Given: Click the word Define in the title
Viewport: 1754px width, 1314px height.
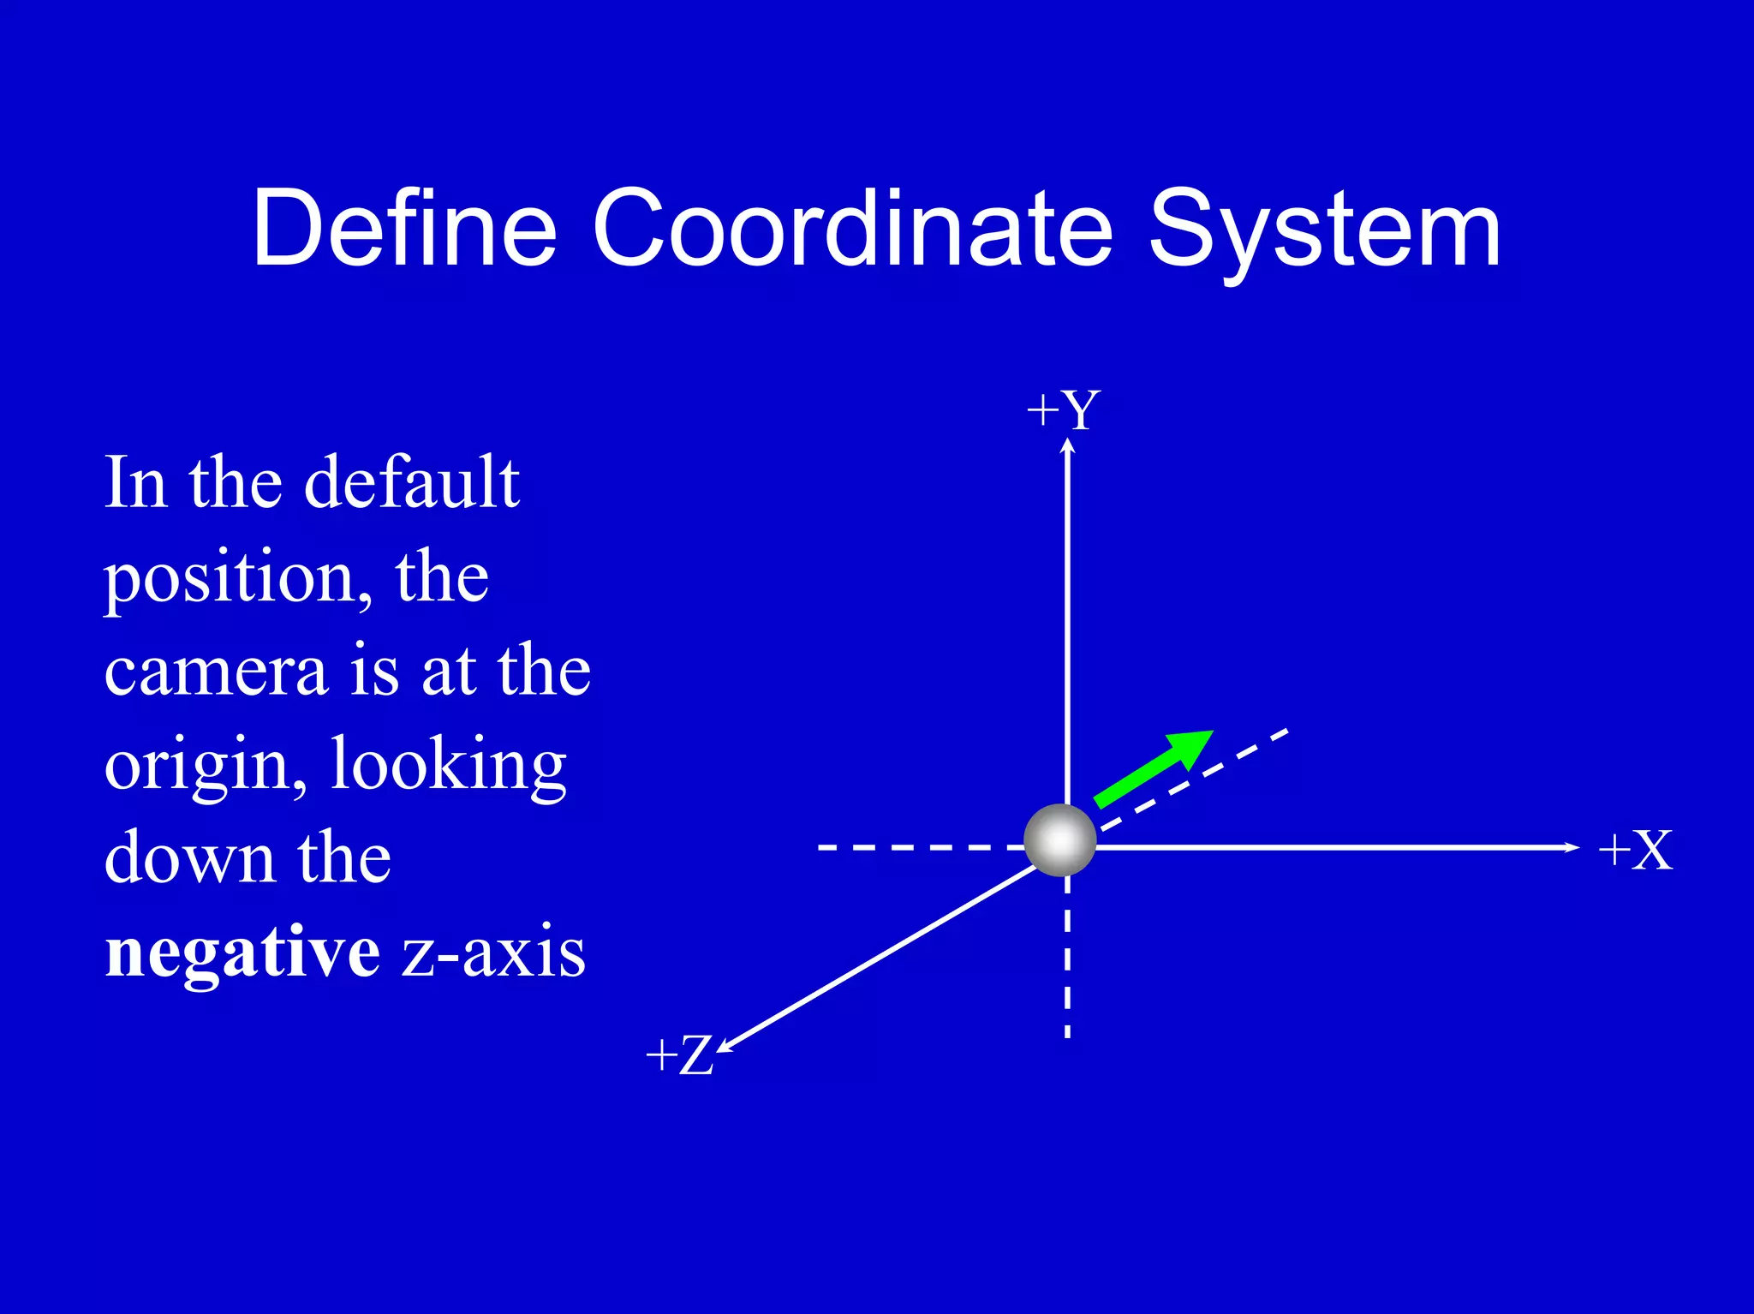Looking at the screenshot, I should pyautogui.click(x=404, y=229).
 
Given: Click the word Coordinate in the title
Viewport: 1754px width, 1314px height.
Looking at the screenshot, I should pyautogui.click(x=852, y=229).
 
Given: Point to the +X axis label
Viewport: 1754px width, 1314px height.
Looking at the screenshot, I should pyautogui.click(x=1635, y=851).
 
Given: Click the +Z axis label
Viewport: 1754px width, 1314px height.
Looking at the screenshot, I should pyautogui.click(x=679, y=1054).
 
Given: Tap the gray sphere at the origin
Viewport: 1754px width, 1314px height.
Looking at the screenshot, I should pyautogui.click(x=1060, y=840).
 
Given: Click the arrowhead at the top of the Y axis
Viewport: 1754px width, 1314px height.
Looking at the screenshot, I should pyautogui.click(x=1067, y=445).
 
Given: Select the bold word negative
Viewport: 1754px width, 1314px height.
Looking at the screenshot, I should pyautogui.click(x=242, y=952).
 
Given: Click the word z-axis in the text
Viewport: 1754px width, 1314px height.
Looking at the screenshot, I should pyautogui.click(x=494, y=952).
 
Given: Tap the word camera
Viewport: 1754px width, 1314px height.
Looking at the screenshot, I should pyautogui.click(x=217, y=671).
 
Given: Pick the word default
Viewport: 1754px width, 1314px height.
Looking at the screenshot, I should pyautogui.click(x=412, y=482).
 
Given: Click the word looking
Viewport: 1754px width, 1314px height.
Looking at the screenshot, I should pyautogui.click(x=448, y=765).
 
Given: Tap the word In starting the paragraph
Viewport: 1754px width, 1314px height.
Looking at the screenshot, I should pyautogui.click(x=134, y=482).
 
